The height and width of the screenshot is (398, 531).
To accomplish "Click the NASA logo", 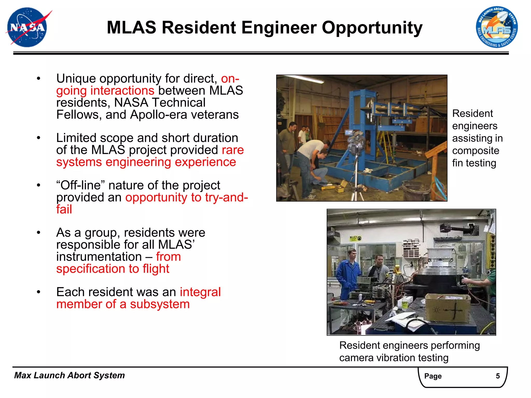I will coord(27,27).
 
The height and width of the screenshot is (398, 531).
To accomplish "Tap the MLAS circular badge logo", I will coord(497,27).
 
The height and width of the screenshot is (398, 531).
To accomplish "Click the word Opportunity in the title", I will coord(372,28).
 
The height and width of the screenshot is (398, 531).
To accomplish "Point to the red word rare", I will coord(233,150).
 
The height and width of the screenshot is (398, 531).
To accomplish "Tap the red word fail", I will coord(64,209).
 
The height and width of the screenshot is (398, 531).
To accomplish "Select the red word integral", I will coord(200,292).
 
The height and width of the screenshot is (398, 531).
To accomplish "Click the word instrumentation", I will coord(99,257).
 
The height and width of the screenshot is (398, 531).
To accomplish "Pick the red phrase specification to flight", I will coord(113,269).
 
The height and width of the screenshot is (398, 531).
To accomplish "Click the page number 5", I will coord(498,376).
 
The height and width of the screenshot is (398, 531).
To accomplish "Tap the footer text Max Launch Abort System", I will coord(69,375).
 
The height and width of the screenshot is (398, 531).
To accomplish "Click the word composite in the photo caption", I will coord(476,151).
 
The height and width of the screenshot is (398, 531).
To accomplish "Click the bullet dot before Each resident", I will coord(39,292).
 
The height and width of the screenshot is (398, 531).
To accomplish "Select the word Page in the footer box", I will coord(433,376).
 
